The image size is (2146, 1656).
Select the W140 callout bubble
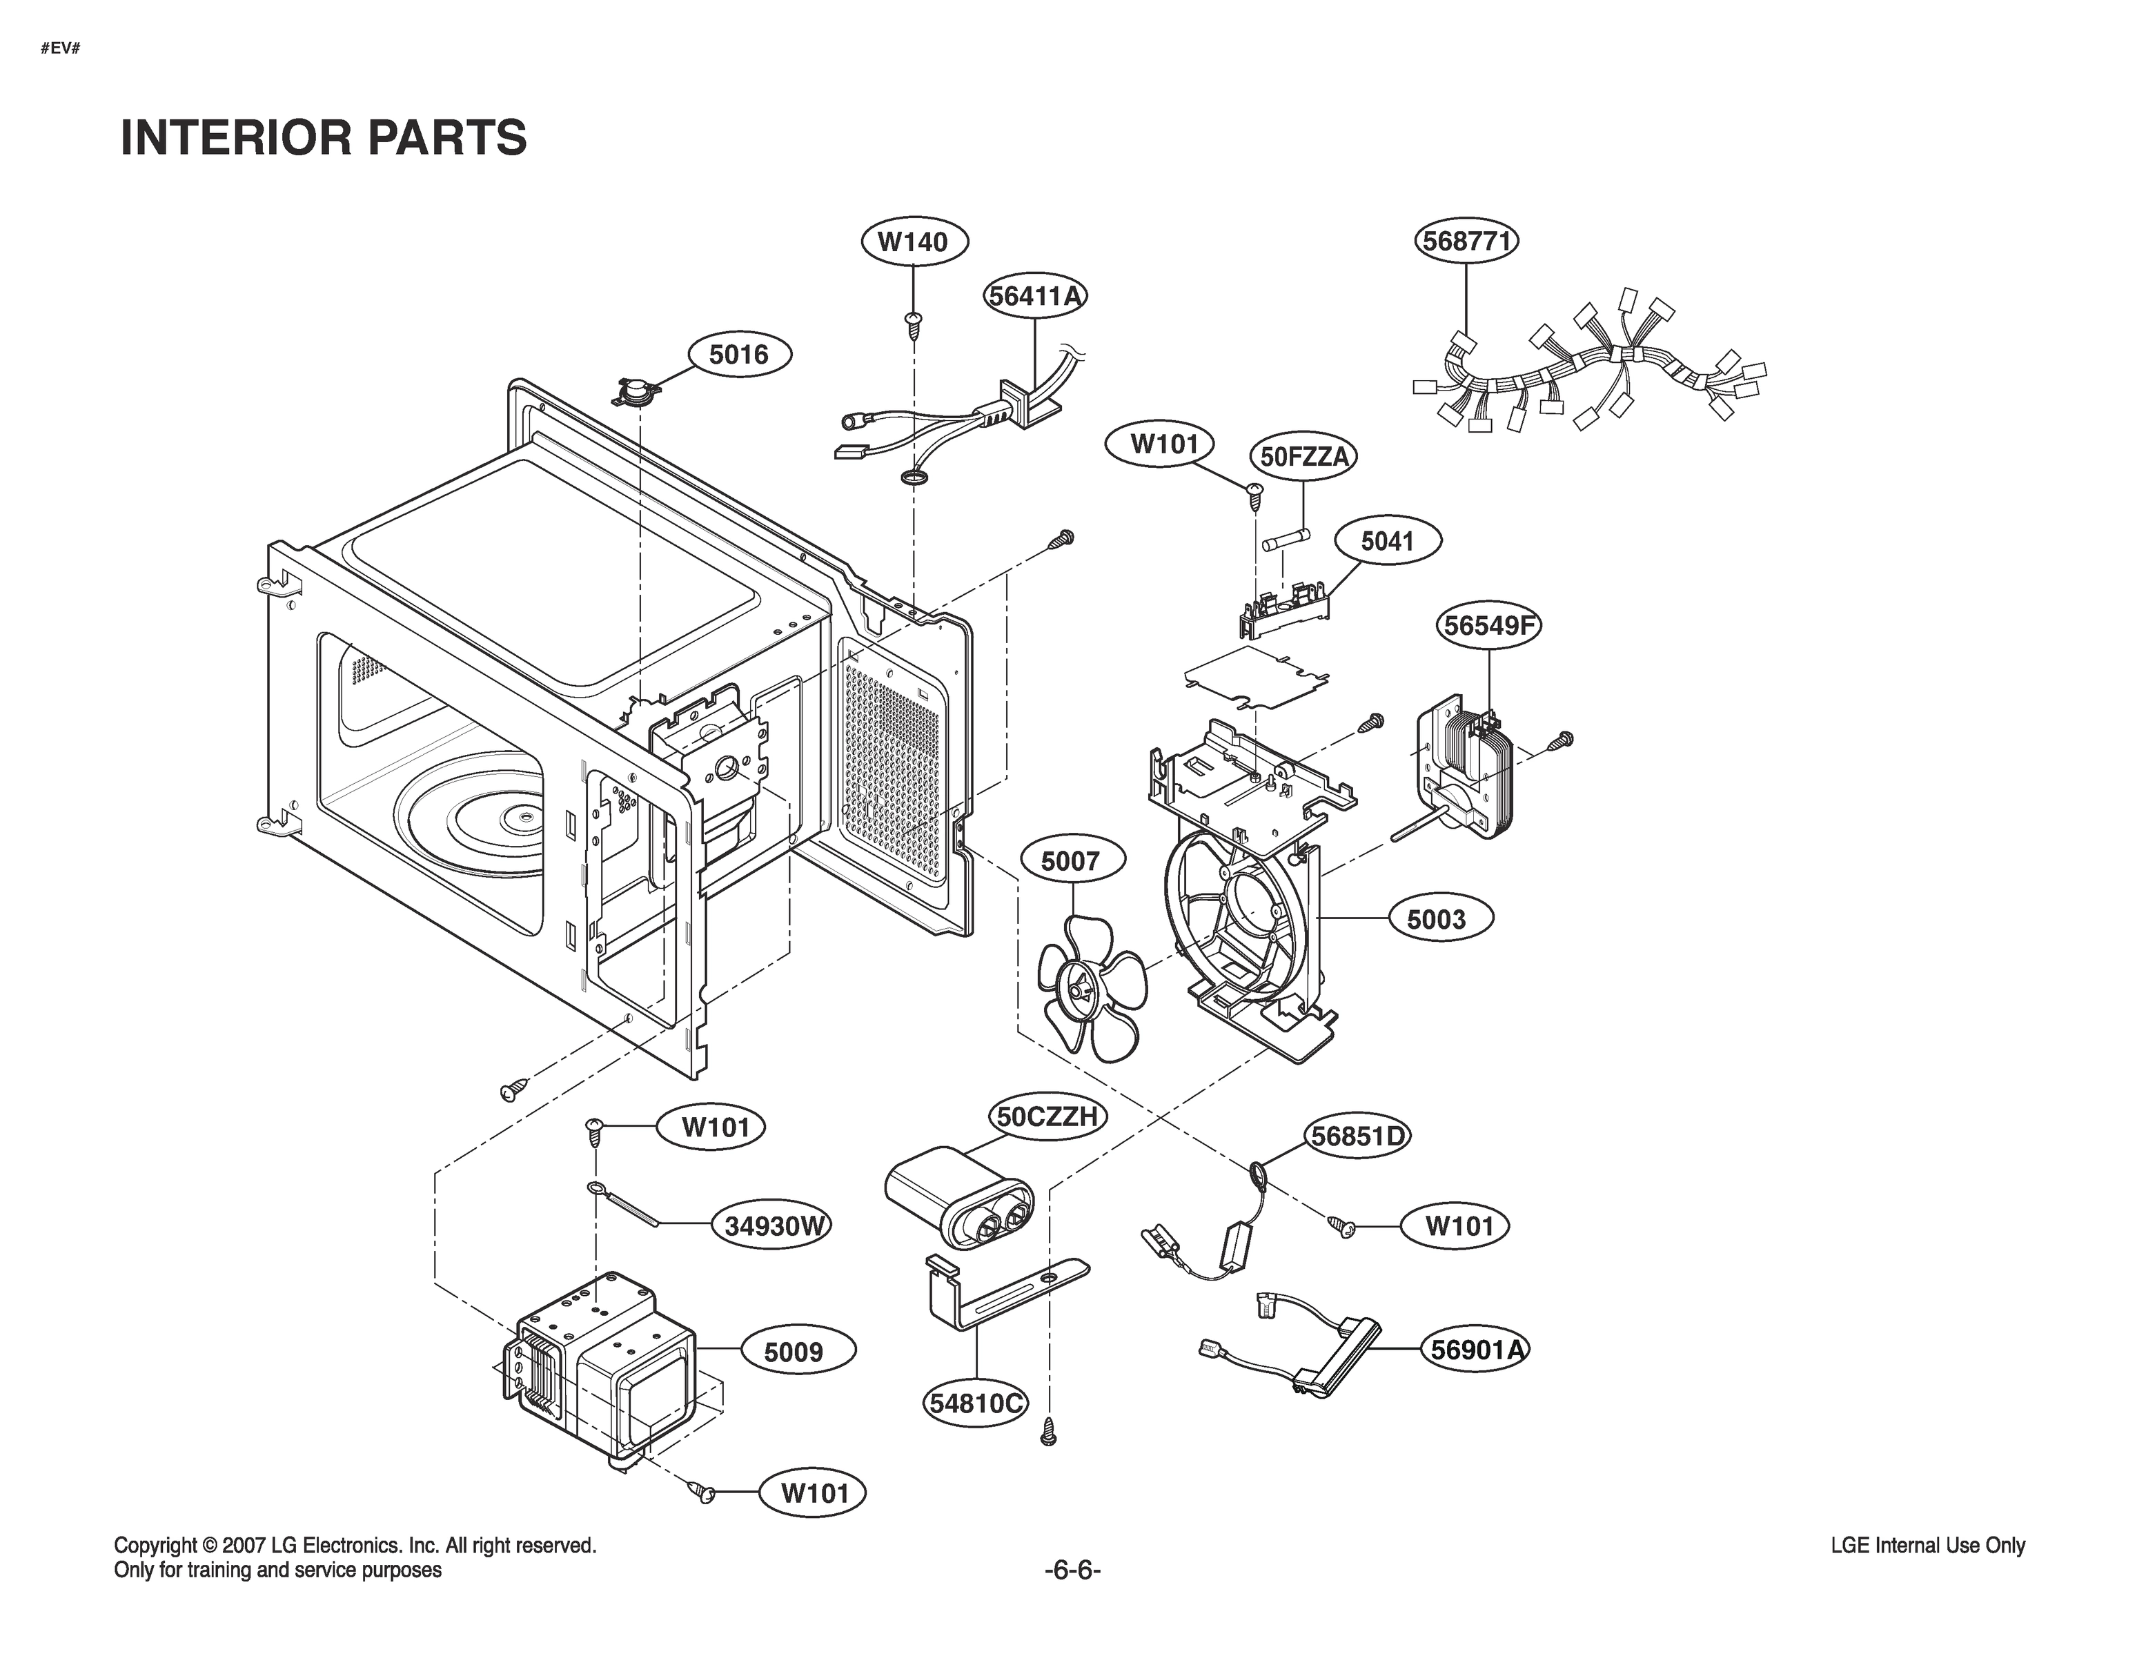[913, 241]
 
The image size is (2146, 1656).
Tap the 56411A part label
[1036, 296]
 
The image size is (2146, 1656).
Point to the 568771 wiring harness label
[1466, 241]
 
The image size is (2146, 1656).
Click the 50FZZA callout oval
[1304, 457]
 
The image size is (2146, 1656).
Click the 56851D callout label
[1357, 1136]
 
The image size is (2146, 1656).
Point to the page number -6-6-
[1072, 1570]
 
